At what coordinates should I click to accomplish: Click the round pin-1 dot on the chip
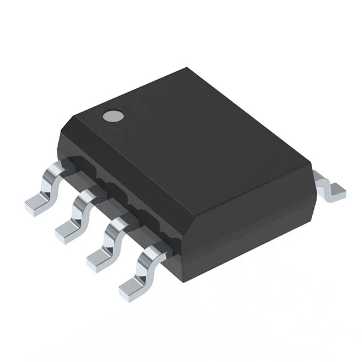(113, 117)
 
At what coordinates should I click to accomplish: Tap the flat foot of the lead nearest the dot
(35, 204)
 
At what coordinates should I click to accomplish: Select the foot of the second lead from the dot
(67, 230)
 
